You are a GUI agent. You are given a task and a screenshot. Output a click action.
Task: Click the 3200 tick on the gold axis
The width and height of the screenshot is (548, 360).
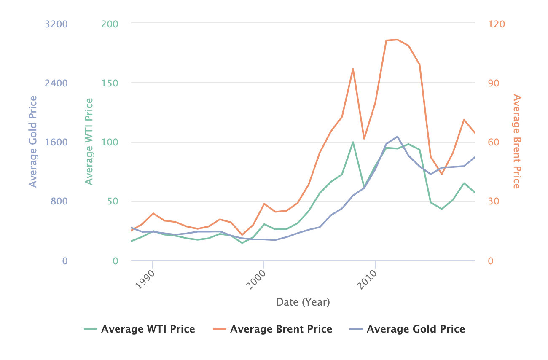56,24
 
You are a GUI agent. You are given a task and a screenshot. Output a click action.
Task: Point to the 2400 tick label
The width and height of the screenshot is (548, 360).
56,83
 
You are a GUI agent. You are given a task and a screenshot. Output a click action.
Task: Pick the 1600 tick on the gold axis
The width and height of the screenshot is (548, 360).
56,142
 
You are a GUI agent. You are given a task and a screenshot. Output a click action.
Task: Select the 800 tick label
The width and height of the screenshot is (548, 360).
59,201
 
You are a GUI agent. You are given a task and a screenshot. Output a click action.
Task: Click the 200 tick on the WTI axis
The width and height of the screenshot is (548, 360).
109,24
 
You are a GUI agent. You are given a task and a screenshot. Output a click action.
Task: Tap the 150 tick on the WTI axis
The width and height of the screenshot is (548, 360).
109,83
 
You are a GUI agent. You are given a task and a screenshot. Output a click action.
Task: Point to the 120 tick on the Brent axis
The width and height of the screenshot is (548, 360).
496,24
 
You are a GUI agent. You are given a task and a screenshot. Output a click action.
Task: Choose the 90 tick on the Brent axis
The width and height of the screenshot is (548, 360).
494,83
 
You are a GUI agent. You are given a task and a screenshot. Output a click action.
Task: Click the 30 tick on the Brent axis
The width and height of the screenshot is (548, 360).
494,201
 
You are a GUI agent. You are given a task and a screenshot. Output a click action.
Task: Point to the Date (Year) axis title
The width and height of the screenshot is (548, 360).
303,302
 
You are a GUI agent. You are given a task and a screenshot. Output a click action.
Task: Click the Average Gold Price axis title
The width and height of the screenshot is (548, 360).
33,142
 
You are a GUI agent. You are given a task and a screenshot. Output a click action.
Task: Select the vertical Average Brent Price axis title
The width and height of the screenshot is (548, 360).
517,142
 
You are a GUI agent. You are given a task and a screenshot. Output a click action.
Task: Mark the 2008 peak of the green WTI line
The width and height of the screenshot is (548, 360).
353,142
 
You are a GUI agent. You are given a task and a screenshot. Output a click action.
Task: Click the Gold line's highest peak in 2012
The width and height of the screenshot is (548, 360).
397,137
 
